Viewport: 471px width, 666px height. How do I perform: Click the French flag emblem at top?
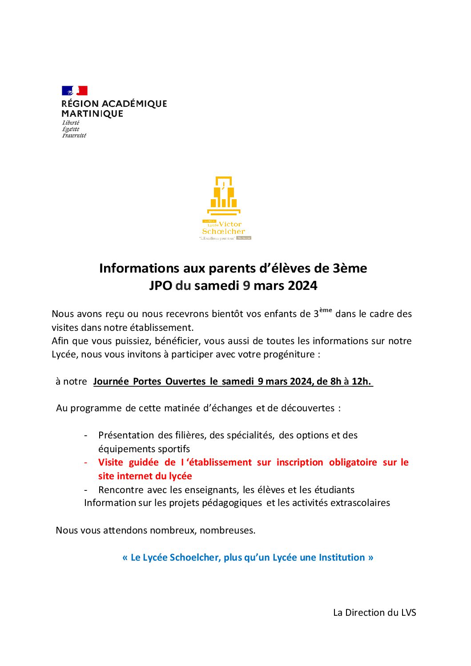click(x=74, y=91)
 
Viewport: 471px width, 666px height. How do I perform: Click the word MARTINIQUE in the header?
click(x=92, y=114)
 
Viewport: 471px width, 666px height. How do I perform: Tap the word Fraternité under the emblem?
click(x=74, y=136)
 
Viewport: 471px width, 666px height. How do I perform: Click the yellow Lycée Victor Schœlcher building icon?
click(x=224, y=196)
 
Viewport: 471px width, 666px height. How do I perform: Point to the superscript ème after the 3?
click(x=326, y=310)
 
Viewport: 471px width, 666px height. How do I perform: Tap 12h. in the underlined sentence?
click(x=361, y=381)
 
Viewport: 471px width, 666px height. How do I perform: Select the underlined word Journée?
click(x=111, y=381)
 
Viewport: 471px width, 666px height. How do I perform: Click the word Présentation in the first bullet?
click(x=126, y=435)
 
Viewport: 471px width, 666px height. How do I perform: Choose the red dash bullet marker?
click(x=86, y=462)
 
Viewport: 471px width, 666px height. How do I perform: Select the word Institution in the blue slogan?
click(x=342, y=558)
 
